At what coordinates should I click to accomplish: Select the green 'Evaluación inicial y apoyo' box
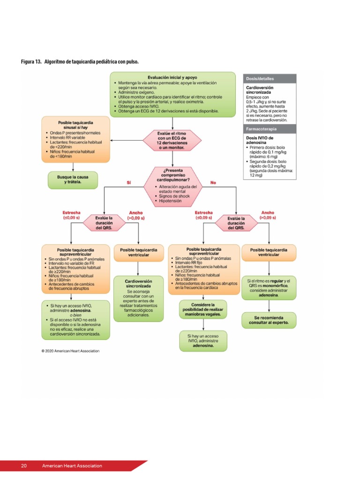click(172, 94)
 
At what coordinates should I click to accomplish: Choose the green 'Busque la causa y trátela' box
click(73, 180)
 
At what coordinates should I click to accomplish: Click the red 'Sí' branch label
click(129, 182)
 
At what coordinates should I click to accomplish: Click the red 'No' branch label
click(213, 182)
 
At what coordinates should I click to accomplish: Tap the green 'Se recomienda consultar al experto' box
click(269, 320)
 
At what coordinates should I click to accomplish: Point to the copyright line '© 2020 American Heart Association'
click(70, 350)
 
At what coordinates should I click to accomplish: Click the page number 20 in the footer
click(23, 465)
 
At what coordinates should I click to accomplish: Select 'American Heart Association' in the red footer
click(72, 465)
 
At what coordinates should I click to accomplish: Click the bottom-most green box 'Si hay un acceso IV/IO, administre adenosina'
click(202, 341)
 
